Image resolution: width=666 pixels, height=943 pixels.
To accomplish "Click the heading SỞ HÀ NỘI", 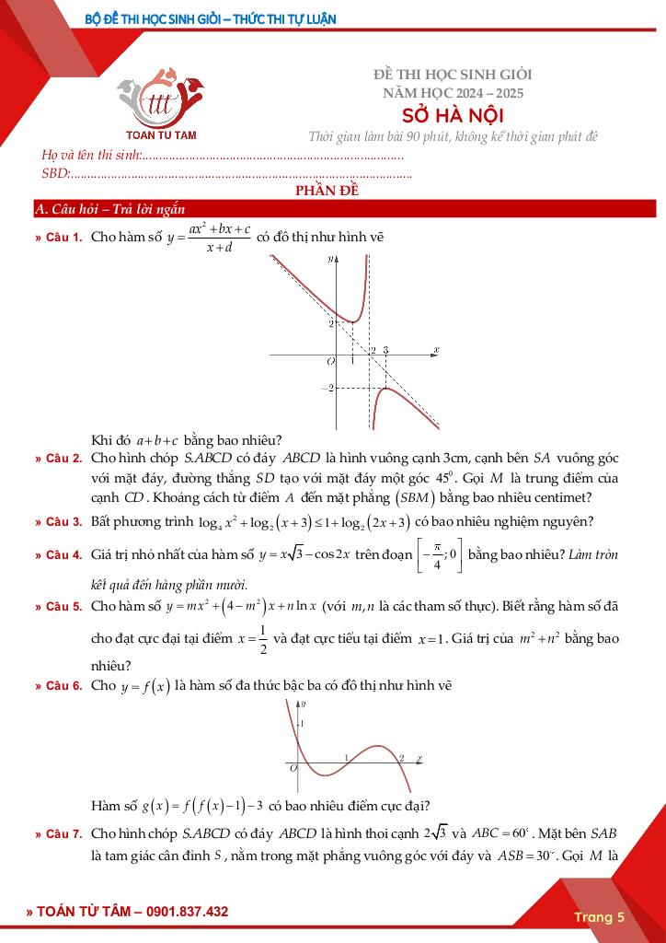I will coord(453,114).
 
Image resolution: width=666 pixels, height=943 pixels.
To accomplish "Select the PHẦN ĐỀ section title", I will coord(332,192).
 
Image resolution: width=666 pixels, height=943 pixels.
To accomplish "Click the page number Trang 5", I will coord(599,916).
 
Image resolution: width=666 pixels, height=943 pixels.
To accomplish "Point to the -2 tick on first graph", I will coord(327,390).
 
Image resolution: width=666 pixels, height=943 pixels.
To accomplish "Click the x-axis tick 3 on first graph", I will coord(385,351).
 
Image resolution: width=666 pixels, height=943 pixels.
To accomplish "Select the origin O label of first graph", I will coord(330,362).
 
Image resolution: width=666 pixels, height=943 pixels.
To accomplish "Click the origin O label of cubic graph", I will coord(293,767).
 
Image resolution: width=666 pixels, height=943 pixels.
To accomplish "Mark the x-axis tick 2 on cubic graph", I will coord(402,758).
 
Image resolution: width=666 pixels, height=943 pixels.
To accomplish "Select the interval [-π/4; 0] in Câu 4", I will coord(441,556).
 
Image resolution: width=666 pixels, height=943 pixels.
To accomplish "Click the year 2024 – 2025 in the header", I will coord(453,92).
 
